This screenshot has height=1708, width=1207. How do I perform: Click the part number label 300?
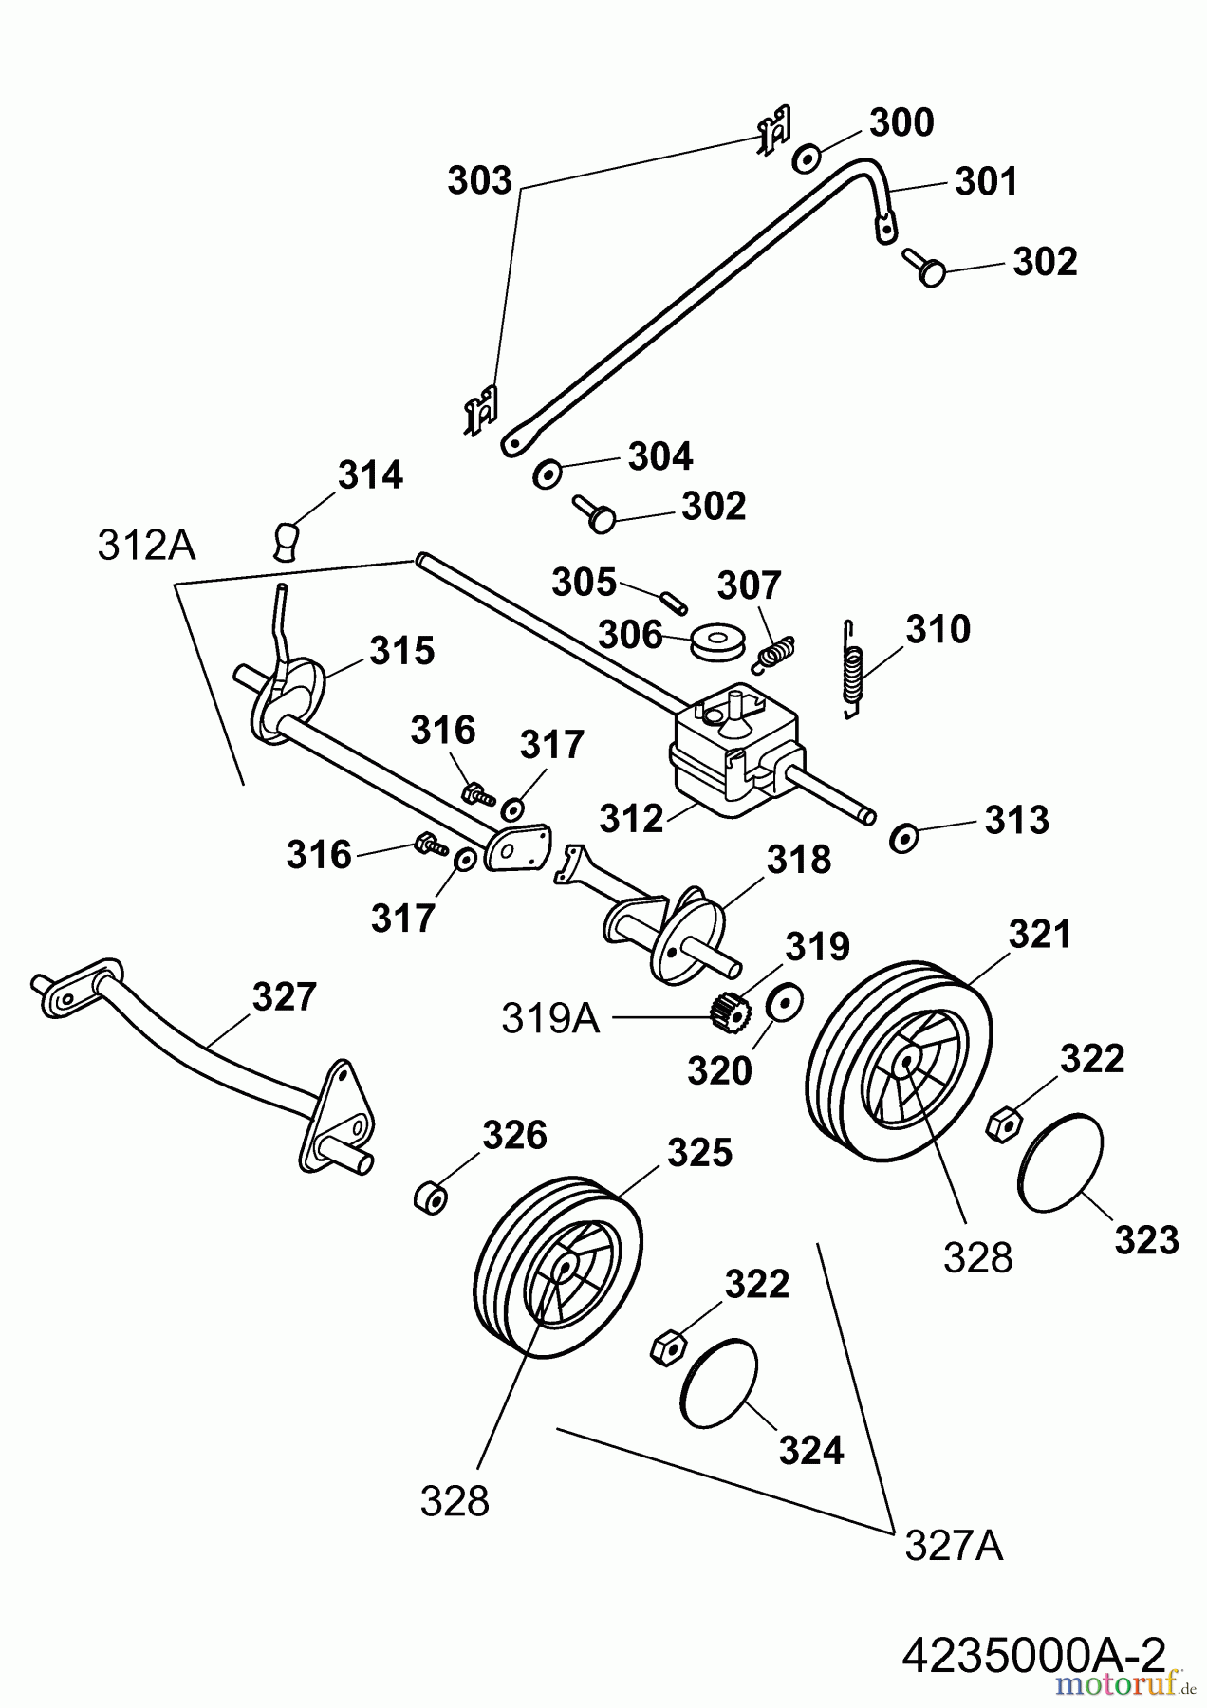point(901,123)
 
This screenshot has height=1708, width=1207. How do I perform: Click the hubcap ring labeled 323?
point(1061,1162)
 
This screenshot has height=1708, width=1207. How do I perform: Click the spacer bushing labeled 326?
point(431,1197)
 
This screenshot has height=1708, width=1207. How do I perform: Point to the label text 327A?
point(953,1547)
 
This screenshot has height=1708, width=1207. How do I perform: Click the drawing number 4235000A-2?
point(1032,1654)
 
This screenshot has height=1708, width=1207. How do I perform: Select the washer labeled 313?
point(901,838)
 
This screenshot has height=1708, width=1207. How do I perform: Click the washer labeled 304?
point(548,473)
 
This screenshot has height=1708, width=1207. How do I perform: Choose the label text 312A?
point(146,546)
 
